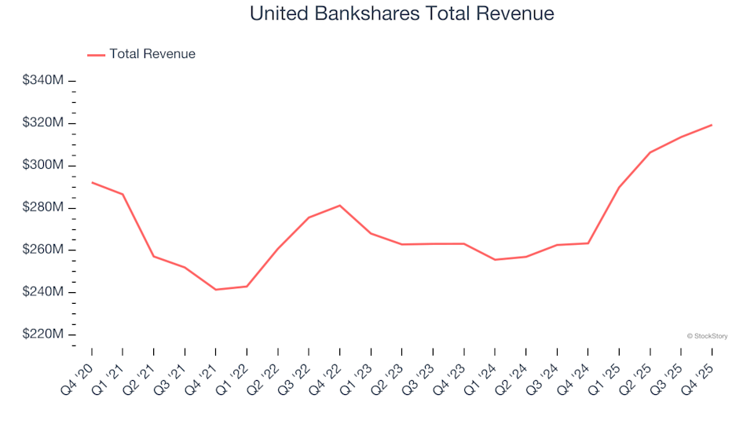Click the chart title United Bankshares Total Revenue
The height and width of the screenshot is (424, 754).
click(401, 13)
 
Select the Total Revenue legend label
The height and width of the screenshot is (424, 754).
click(152, 54)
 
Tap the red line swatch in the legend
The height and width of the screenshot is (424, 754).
click(96, 55)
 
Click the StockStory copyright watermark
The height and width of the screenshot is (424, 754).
click(707, 336)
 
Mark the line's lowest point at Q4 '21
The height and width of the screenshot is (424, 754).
click(215, 290)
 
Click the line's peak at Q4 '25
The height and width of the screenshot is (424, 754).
click(712, 125)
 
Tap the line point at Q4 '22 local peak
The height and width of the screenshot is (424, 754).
click(339, 206)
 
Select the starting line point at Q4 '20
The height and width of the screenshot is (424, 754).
click(92, 182)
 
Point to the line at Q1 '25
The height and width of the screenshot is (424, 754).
click(619, 187)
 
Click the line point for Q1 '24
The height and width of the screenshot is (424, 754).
click(495, 260)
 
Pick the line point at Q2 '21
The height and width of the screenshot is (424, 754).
click(153, 256)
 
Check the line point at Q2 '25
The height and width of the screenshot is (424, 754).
click(650, 152)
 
